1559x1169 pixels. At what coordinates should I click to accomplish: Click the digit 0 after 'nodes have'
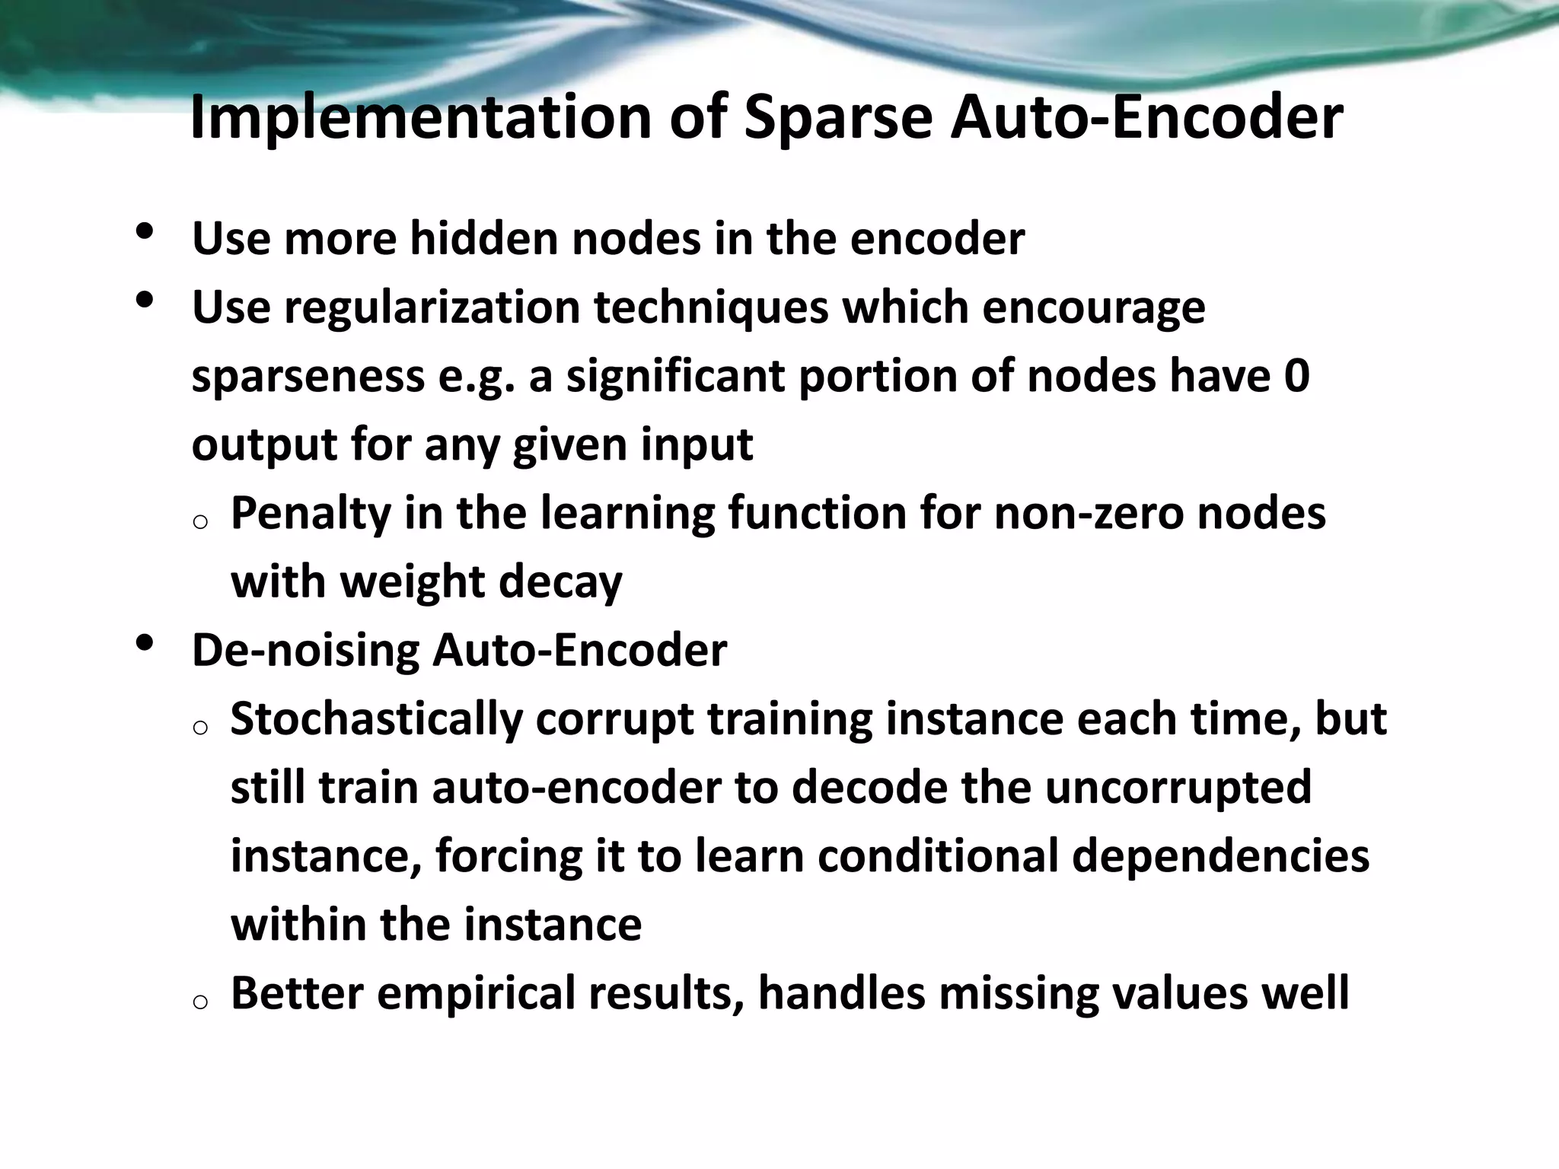pos(1296,376)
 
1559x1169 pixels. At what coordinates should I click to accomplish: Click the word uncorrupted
pos(1178,787)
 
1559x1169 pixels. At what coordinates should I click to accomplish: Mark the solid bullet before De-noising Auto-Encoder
pos(144,644)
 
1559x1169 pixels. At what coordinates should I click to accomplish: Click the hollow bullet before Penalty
pos(200,522)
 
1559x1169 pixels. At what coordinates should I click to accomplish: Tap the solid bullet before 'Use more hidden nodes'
pos(144,231)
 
